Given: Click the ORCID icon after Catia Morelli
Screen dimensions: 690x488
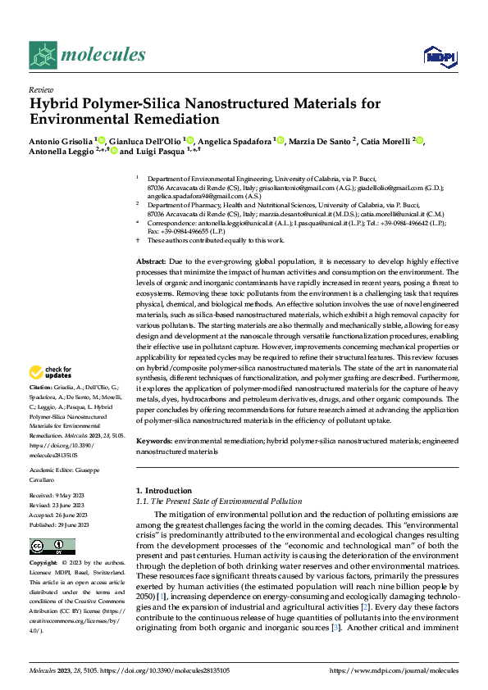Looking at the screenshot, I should pos(421,140).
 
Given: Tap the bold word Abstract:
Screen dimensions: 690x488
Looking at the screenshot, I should pos(153,260).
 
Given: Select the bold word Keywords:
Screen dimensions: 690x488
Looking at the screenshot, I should pos(155,441).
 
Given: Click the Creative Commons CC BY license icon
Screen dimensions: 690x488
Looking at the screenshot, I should pos(48,546).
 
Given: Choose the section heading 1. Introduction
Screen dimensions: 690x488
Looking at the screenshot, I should pos(163,490).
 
